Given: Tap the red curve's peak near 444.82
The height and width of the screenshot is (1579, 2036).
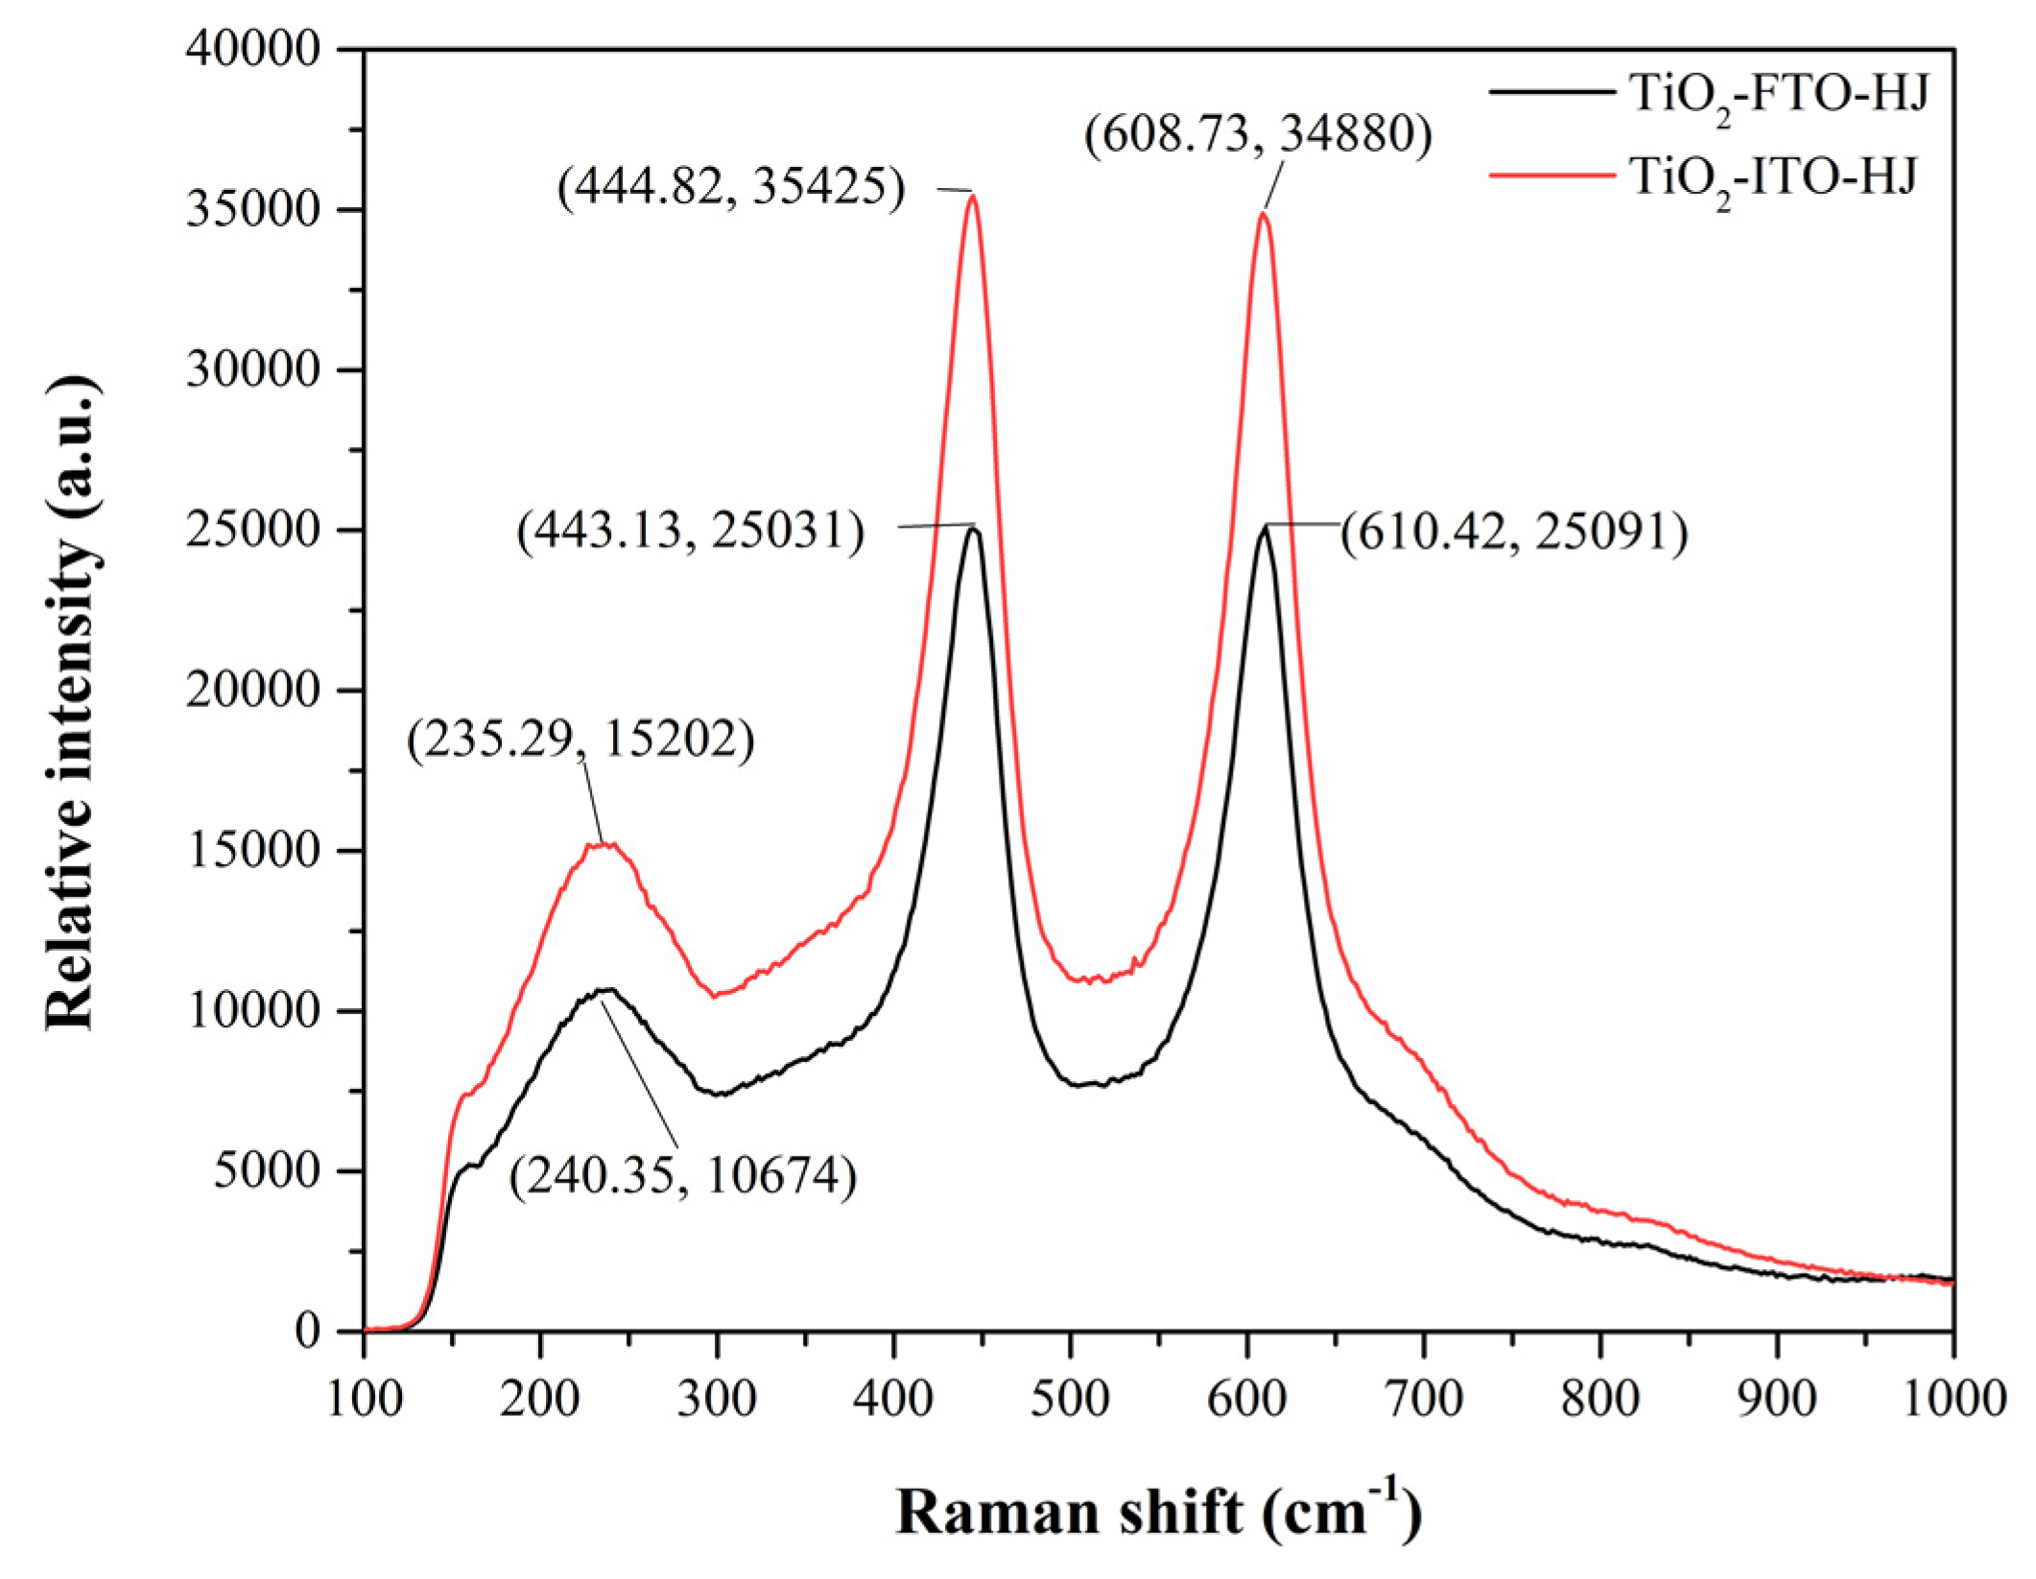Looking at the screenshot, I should tap(973, 196).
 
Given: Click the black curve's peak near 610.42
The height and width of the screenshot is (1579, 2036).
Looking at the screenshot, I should tap(1265, 529).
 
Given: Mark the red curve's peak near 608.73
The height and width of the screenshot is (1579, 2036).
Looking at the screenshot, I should tap(1263, 214).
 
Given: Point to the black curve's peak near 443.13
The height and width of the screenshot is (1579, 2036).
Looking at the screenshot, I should tap(973, 529).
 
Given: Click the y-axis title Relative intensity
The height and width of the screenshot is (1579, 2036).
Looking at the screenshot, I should tap(72, 703).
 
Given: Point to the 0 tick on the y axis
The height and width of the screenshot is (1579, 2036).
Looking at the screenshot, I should tap(307, 1332).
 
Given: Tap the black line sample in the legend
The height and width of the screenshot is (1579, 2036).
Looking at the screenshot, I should tap(1551, 93).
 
